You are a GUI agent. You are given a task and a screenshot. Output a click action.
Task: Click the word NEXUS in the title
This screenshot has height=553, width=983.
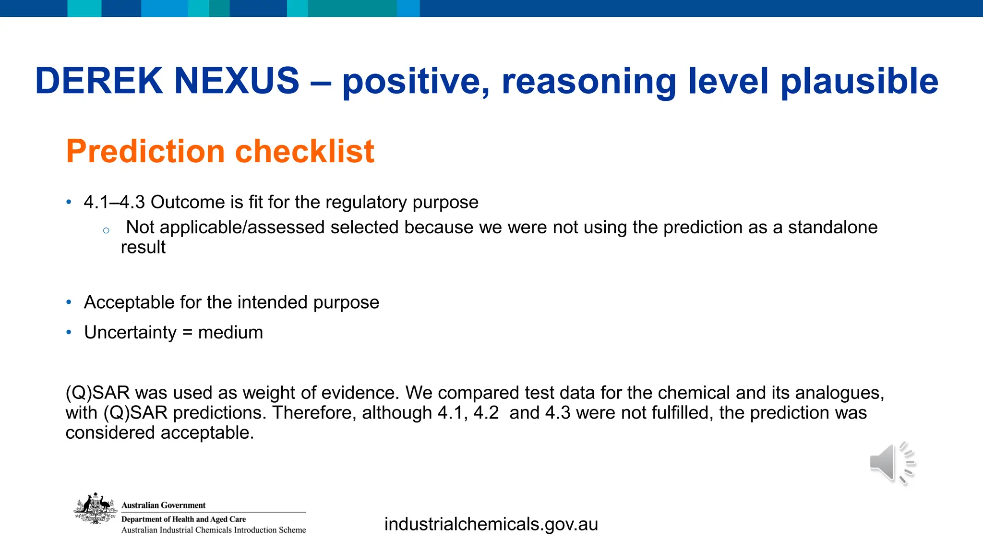(237, 81)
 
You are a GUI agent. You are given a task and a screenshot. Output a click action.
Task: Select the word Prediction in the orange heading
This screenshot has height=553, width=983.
(145, 152)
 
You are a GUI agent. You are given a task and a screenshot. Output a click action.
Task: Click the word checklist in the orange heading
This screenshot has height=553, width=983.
(304, 152)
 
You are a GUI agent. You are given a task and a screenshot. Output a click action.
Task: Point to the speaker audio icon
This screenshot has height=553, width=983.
(891, 463)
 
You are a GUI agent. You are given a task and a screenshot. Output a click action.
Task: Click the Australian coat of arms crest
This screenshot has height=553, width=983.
(95, 509)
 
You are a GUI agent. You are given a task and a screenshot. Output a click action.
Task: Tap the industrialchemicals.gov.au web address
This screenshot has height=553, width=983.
(491, 524)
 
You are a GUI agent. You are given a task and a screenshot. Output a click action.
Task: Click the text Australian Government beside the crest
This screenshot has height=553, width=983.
(163, 505)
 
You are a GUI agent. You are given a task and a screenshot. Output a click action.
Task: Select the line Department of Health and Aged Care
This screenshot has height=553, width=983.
(183, 519)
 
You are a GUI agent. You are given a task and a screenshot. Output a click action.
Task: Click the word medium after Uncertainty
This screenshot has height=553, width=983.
(230, 332)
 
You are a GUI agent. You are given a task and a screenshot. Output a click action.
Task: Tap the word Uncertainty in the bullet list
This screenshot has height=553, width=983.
(130, 332)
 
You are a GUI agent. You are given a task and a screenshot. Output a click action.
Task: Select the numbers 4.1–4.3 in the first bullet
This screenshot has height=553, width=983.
(114, 202)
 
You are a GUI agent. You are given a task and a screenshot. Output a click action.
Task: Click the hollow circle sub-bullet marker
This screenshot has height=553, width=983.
(106, 231)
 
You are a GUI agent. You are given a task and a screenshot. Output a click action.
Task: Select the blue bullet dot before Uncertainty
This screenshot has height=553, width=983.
(69, 332)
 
